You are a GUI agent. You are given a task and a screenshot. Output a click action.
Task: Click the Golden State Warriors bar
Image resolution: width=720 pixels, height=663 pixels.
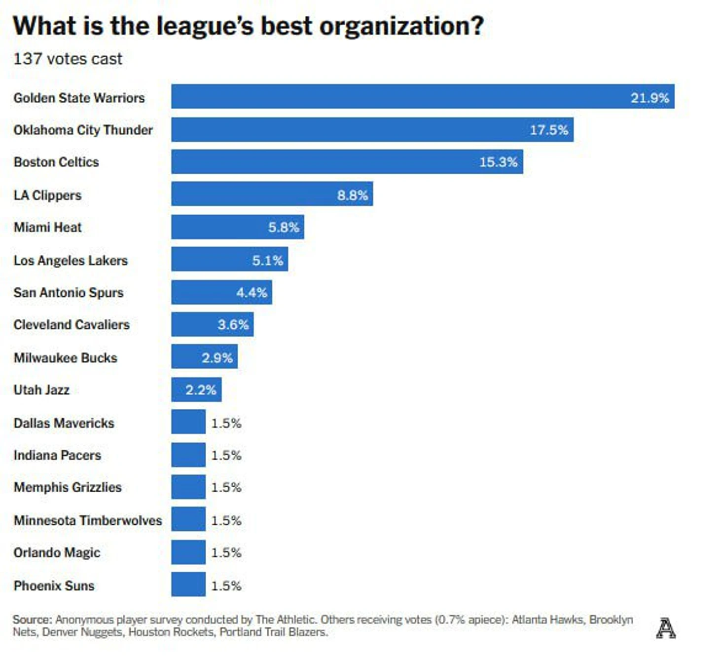423,96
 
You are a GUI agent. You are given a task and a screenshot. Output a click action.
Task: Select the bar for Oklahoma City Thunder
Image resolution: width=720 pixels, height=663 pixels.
372,129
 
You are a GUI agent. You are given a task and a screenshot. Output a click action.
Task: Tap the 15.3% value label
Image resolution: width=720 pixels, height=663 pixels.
498,162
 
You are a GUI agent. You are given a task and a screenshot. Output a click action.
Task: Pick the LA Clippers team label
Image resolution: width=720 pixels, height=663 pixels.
47,195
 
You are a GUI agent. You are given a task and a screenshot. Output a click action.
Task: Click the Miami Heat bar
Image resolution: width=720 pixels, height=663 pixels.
237,227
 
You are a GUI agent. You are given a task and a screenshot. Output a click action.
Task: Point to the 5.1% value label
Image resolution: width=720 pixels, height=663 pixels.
267,260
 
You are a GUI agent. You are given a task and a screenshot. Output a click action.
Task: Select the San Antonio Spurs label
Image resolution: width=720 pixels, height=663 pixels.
69,292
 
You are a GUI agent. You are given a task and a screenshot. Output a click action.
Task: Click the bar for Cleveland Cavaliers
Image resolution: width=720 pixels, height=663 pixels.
212,324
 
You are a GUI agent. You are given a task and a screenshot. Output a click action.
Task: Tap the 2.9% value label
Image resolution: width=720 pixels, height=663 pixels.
217,357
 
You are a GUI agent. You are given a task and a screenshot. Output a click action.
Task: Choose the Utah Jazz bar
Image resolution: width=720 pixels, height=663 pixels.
196,390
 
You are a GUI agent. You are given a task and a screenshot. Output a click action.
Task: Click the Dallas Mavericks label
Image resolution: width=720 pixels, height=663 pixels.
64,423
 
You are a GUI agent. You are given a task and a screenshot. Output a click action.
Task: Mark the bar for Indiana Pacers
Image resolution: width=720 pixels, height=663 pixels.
188,455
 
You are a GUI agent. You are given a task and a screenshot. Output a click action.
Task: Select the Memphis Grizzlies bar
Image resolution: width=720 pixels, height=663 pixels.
188,487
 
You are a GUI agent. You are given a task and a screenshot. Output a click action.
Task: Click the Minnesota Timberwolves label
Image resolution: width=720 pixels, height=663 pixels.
88,520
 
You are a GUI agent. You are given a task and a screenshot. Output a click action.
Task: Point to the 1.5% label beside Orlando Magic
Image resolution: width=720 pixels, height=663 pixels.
226,552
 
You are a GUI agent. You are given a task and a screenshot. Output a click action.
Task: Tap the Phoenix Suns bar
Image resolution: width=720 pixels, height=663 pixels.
188,585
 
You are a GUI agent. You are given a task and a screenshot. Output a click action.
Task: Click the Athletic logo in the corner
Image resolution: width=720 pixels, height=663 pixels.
665,628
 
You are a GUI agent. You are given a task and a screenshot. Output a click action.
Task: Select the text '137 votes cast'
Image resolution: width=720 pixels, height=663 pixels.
68,59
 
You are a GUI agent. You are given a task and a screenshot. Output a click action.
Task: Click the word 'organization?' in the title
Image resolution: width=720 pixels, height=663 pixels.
402,27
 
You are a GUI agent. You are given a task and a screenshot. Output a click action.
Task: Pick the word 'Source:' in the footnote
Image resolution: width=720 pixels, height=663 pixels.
32,620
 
